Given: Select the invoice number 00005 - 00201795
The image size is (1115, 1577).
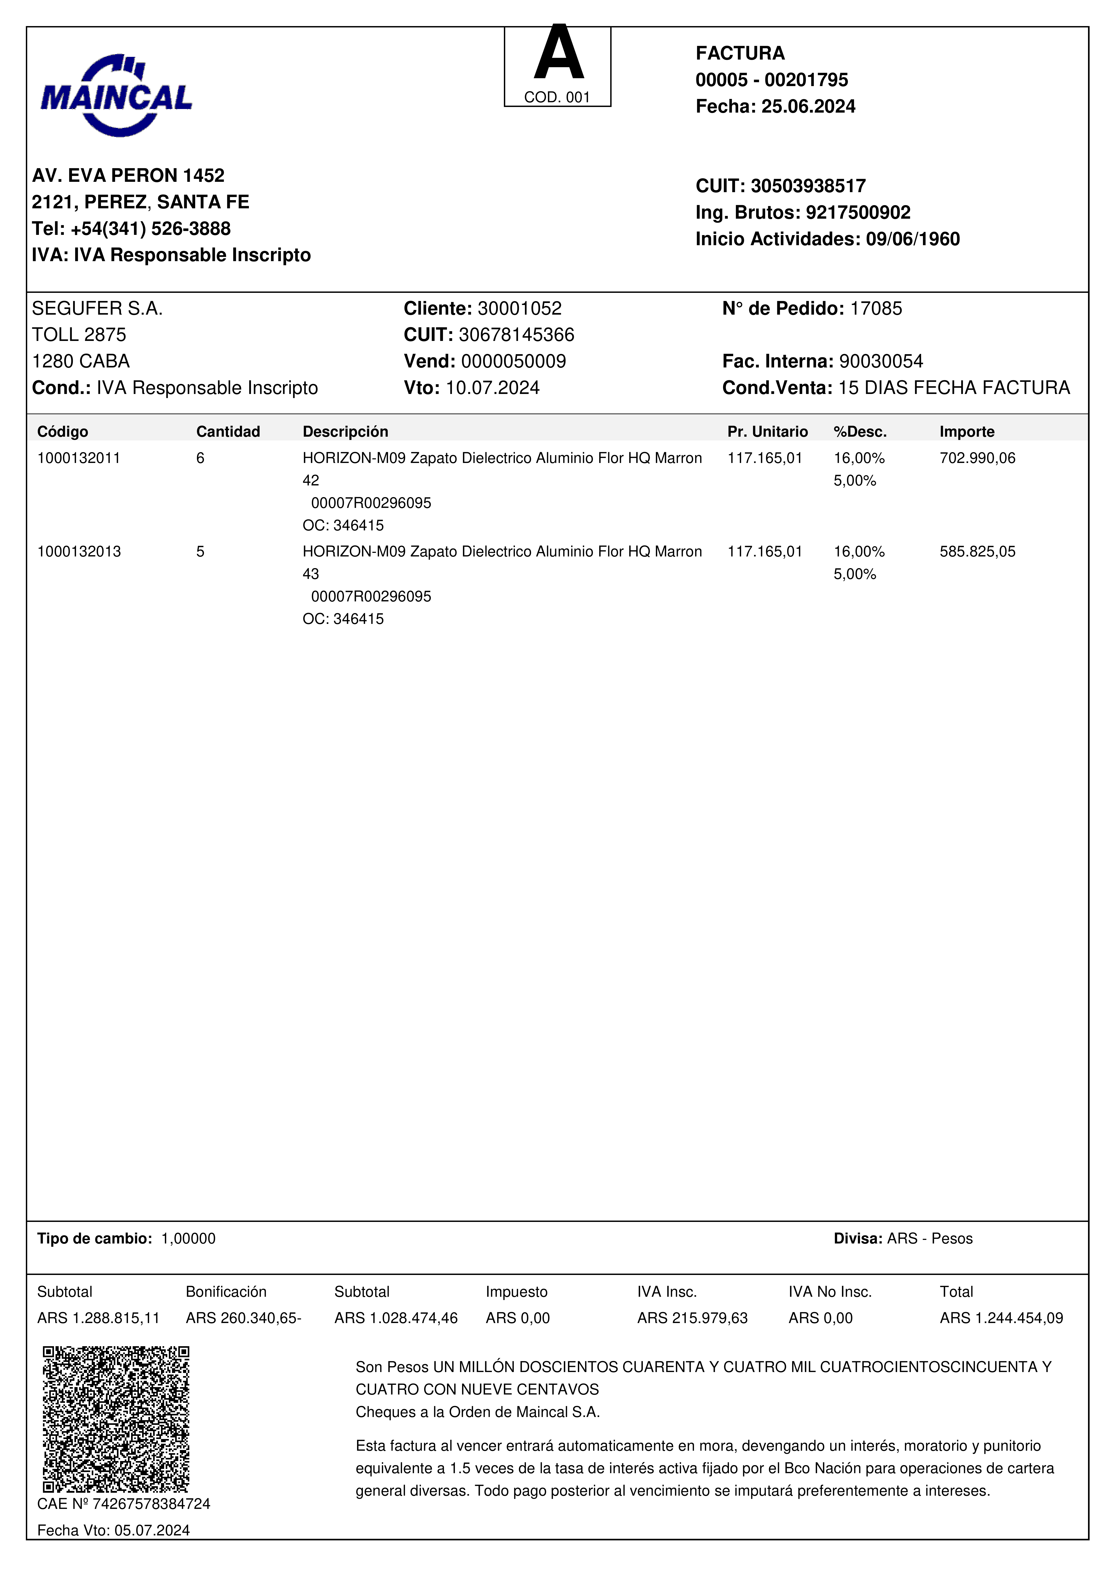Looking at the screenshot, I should pos(771,80).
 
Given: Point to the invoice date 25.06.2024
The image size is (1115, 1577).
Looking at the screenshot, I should pos(808,107).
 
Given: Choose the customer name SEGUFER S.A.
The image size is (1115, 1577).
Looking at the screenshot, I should pos(97,308).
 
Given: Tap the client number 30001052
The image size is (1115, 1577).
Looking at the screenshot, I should pos(519,308).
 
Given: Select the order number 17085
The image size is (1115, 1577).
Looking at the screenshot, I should pos(876,308).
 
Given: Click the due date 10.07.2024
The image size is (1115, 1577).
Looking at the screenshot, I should pos(493,388).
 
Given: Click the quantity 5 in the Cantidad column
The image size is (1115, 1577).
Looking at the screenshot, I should pos(200,552).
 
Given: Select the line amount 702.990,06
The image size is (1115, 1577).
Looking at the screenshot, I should pos(977,458).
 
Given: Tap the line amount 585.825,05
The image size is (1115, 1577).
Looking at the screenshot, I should pos(977,552).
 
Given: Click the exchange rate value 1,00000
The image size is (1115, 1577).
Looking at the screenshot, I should pos(188,1238).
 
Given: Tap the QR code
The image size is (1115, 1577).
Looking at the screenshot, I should pos(116,1419).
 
